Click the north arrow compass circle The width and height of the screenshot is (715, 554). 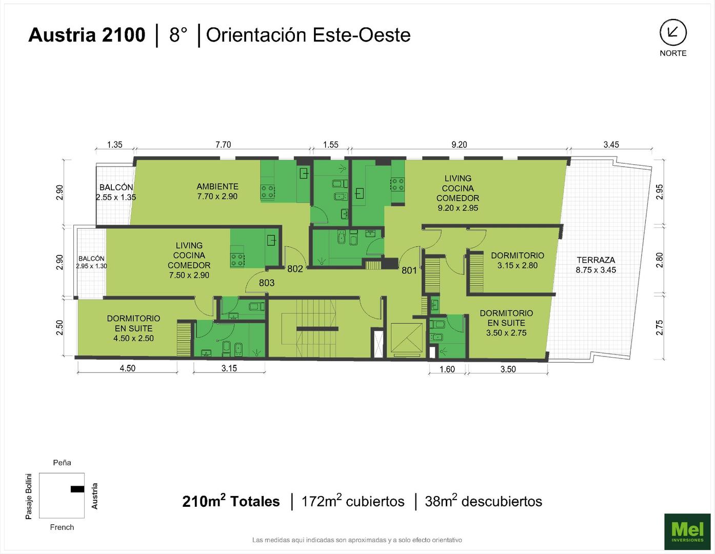673,32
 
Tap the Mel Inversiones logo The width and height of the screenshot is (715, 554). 687,531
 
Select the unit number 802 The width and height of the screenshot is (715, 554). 295,269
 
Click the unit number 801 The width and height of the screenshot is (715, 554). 409,270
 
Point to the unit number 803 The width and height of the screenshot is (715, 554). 267,283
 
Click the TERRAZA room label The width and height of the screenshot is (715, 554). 596,260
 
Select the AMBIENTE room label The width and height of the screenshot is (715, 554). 217,187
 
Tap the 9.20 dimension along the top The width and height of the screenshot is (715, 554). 459,145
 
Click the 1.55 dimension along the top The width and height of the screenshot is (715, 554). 330,145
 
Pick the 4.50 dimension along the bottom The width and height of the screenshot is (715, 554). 127,368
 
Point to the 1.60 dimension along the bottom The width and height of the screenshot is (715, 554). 447,369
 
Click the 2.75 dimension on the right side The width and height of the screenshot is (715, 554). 660,328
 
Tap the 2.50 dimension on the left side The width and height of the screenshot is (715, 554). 59,328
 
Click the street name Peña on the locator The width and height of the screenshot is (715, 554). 62,463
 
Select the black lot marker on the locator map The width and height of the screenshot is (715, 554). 77,489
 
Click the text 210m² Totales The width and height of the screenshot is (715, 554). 231,501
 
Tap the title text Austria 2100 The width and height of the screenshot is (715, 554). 87,35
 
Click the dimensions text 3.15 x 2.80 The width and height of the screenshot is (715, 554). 517,266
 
